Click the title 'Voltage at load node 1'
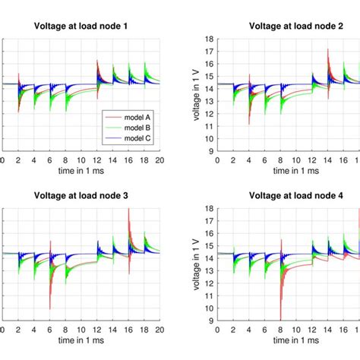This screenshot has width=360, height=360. click(81, 25)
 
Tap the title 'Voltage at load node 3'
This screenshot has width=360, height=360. click(81, 195)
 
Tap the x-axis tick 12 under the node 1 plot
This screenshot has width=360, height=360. click(98, 161)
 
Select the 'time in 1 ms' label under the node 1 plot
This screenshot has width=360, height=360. click(81, 172)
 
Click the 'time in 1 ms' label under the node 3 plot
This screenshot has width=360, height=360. click(81, 342)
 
